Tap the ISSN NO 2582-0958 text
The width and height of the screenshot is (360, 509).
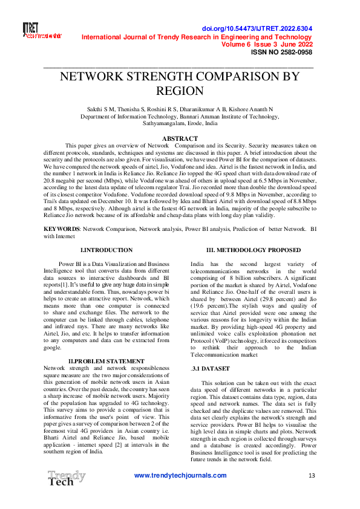pyautogui.click(x=281, y=53)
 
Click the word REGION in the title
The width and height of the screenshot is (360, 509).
pyautogui.click(x=180, y=91)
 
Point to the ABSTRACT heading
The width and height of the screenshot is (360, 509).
pyautogui.click(x=180, y=138)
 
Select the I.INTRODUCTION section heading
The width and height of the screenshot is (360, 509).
pyautogui.click(x=106, y=250)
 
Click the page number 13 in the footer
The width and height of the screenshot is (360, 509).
pyautogui.click(x=312, y=476)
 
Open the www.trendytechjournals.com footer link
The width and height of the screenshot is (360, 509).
pyautogui.click(x=180, y=476)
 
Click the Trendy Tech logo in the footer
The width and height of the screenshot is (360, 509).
pyautogui.click(x=66, y=478)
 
